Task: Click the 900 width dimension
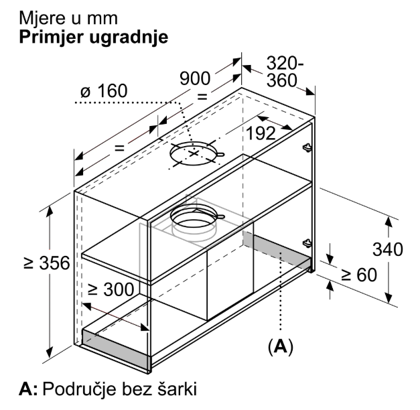195,78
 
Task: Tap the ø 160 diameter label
104,91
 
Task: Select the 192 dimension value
261,133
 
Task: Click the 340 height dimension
388,249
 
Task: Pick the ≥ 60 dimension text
359,275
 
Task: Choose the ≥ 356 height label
47,263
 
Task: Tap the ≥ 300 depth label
111,289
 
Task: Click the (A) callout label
281,347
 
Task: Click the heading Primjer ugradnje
94,37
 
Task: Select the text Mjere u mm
68,18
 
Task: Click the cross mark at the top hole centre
194,153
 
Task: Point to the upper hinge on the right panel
307,147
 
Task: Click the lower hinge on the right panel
307,243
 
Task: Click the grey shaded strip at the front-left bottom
115,350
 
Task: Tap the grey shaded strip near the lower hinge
277,250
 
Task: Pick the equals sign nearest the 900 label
202,96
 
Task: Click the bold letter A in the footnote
28,389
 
